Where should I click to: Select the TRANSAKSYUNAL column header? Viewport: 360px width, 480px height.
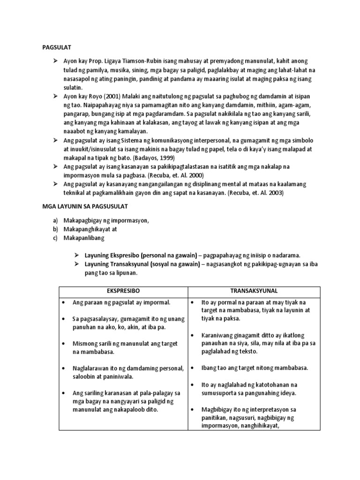(x=254, y=291)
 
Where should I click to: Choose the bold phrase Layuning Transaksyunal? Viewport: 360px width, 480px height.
(x=117, y=264)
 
